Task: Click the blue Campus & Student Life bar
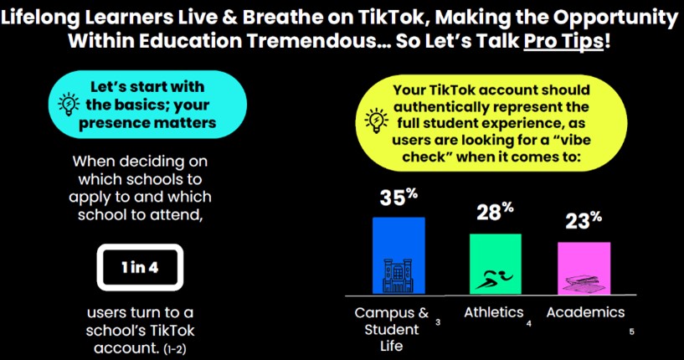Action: pyautogui.click(x=399, y=255)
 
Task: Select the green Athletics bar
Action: pyautogui.click(x=495, y=264)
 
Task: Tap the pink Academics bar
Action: pyautogui.click(x=584, y=269)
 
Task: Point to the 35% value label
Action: pyautogui.click(x=399, y=197)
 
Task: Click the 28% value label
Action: pyautogui.click(x=495, y=212)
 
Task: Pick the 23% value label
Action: pyautogui.click(x=584, y=220)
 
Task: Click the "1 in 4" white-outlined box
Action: pyautogui.click(x=140, y=268)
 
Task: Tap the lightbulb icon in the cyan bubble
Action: pyautogui.click(x=69, y=105)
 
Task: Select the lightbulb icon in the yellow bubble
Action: pyautogui.click(x=376, y=121)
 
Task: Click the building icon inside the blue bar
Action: pyautogui.click(x=398, y=275)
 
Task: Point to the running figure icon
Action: pyautogui.click(x=494, y=280)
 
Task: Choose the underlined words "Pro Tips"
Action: pyautogui.click(x=563, y=41)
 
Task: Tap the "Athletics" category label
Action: pyautogui.click(x=493, y=312)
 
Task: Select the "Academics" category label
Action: pyautogui.click(x=585, y=312)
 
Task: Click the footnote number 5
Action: pyautogui.click(x=631, y=332)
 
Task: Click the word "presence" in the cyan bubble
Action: pyautogui.click(x=116, y=124)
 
